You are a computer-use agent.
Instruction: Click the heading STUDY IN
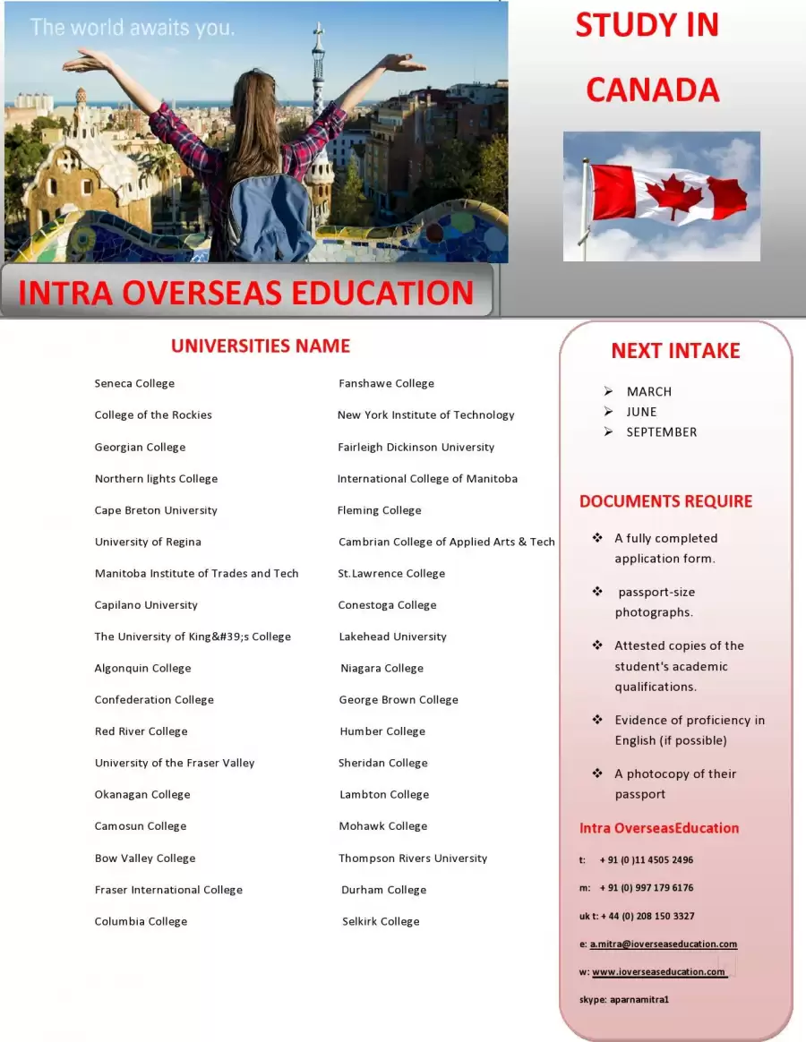click(x=647, y=25)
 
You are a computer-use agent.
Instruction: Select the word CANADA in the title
click(x=652, y=90)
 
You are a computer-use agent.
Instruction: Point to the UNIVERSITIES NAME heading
click(x=261, y=346)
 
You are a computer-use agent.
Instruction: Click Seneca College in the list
click(x=134, y=383)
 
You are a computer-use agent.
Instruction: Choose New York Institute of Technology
click(x=425, y=414)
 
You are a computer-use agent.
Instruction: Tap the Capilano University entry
click(x=146, y=605)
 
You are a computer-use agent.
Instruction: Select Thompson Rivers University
click(x=413, y=858)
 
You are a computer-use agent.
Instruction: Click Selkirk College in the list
click(x=381, y=921)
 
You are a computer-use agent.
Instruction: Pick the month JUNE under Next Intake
click(x=641, y=412)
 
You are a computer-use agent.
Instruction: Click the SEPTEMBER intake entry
click(x=661, y=431)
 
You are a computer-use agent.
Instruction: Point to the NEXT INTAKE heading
click(x=675, y=351)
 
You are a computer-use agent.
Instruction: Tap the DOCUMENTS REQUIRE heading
click(x=665, y=501)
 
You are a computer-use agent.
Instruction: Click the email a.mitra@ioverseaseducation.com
click(x=663, y=944)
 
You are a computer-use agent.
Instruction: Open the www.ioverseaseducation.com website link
click(x=658, y=971)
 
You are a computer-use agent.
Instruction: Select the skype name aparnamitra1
click(x=639, y=999)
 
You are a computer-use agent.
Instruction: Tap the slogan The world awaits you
click(x=133, y=28)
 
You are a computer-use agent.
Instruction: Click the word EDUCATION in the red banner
click(x=388, y=293)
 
